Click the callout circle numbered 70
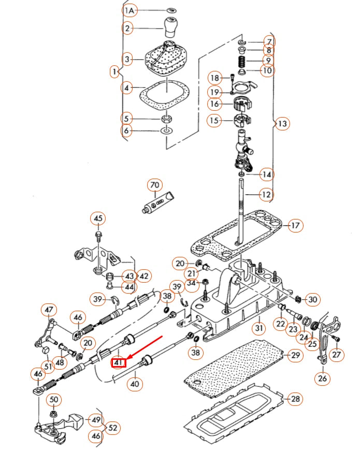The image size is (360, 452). [155, 185]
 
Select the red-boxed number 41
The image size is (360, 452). [119, 362]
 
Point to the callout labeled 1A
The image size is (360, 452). [129, 10]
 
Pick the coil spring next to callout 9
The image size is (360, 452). [241, 61]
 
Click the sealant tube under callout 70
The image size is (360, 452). [159, 202]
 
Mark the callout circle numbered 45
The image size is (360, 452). [98, 218]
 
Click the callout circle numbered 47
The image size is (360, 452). [49, 310]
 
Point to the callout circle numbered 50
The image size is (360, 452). [54, 399]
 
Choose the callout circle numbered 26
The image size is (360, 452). [323, 378]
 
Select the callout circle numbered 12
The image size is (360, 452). [266, 195]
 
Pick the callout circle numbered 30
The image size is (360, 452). [313, 299]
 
